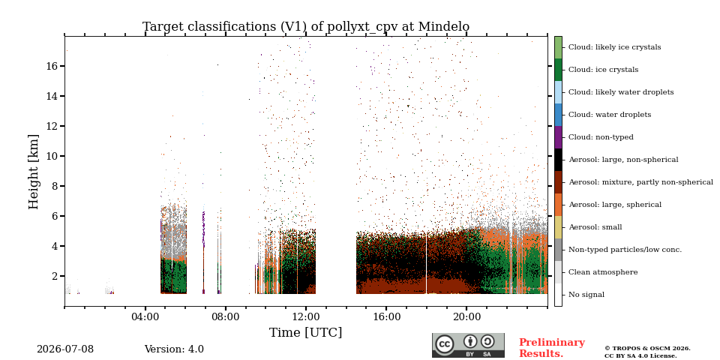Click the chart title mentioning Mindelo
tap(306, 27)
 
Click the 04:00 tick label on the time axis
tap(145, 318)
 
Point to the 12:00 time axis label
tap(306, 318)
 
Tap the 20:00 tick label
tap(466, 318)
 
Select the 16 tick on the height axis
tap(52, 66)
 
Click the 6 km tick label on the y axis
tap(55, 216)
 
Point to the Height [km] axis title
tap(34, 172)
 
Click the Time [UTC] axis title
tap(306, 332)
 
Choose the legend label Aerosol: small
tap(595, 227)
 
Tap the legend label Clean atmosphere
tap(603, 272)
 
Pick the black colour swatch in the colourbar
tap(558, 160)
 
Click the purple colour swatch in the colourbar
tap(558, 137)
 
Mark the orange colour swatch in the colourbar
tap(558, 205)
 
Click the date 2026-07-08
tap(65, 349)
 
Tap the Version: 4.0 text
tap(174, 349)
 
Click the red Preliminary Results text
tap(552, 348)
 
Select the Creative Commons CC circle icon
tap(445, 344)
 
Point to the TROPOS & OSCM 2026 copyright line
tap(647, 349)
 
